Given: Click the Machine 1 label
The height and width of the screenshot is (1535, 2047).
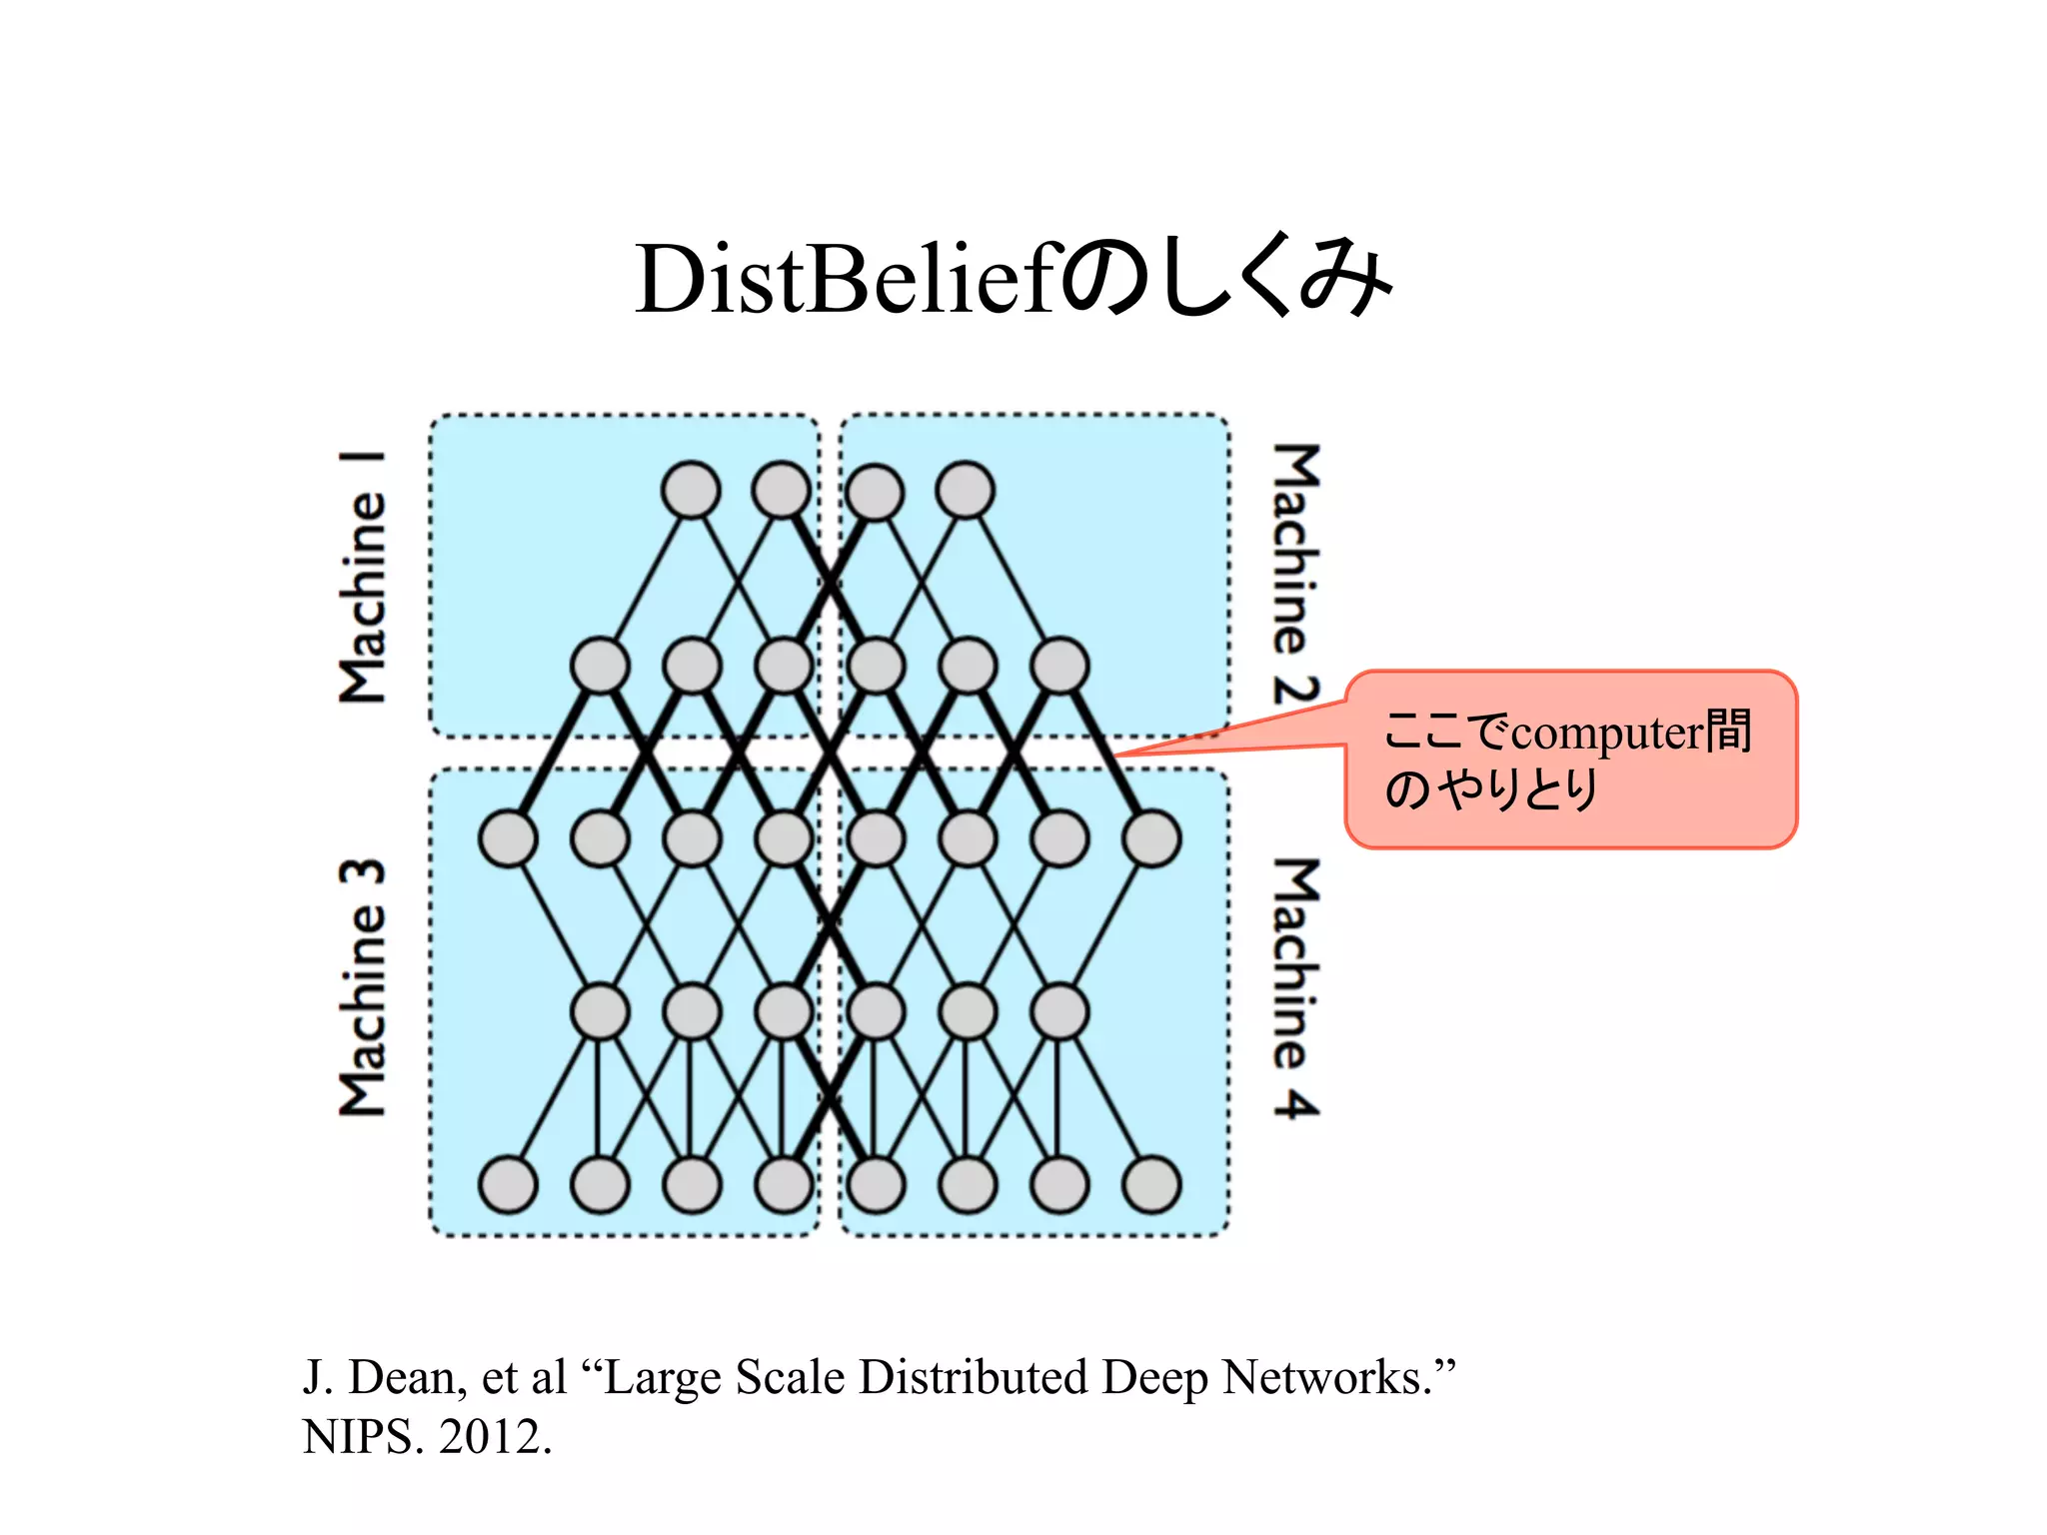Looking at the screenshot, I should pyautogui.click(x=362, y=578).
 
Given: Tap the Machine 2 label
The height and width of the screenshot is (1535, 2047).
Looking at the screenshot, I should pyautogui.click(x=1296, y=574).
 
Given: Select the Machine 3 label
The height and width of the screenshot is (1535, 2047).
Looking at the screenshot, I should pyautogui.click(x=362, y=986).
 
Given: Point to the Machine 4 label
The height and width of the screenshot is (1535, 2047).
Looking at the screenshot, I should pyautogui.click(x=1296, y=986).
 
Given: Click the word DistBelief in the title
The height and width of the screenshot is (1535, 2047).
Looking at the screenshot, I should pyautogui.click(x=845, y=280).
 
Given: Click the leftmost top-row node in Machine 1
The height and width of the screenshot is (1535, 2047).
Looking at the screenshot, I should pyautogui.click(x=691, y=490).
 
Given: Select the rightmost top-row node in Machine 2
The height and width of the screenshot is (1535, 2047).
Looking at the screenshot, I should pyautogui.click(x=966, y=490).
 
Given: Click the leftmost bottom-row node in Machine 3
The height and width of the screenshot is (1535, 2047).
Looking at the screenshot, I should pyautogui.click(x=508, y=1184).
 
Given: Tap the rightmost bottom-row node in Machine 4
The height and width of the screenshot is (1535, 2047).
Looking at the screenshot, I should pyautogui.click(x=1152, y=1184).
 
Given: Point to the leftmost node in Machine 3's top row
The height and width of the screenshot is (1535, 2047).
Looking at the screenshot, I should pyautogui.click(x=508, y=837).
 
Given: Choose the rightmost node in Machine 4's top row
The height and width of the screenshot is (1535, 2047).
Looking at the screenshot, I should pyautogui.click(x=1152, y=837).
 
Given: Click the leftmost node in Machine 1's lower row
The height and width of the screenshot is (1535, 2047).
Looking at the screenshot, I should pyautogui.click(x=600, y=665).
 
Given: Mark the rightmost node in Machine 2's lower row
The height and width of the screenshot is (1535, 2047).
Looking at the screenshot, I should pyautogui.click(x=1059, y=665).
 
